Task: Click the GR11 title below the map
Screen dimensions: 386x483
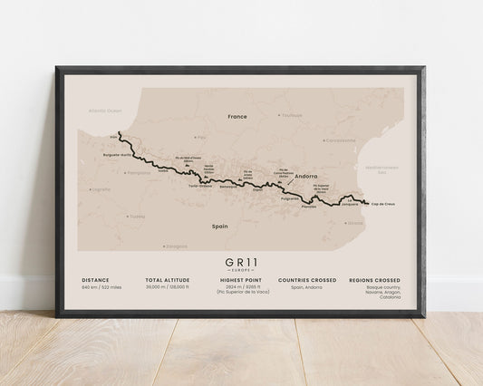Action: pyautogui.click(x=240, y=261)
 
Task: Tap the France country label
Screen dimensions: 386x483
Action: pyautogui.click(x=237, y=117)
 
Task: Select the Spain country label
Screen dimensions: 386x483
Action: pyautogui.click(x=218, y=226)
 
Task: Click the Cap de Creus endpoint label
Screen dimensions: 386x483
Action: pyautogui.click(x=384, y=206)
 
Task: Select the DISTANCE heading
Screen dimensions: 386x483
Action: pyautogui.click(x=97, y=280)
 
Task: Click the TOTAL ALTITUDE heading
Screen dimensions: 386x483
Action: pyautogui.click(x=167, y=280)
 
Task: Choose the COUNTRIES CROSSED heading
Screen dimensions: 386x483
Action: pyautogui.click(x=307, y=280)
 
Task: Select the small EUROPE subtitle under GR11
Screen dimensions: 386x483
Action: pyautogui.click(x=240, y=271)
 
